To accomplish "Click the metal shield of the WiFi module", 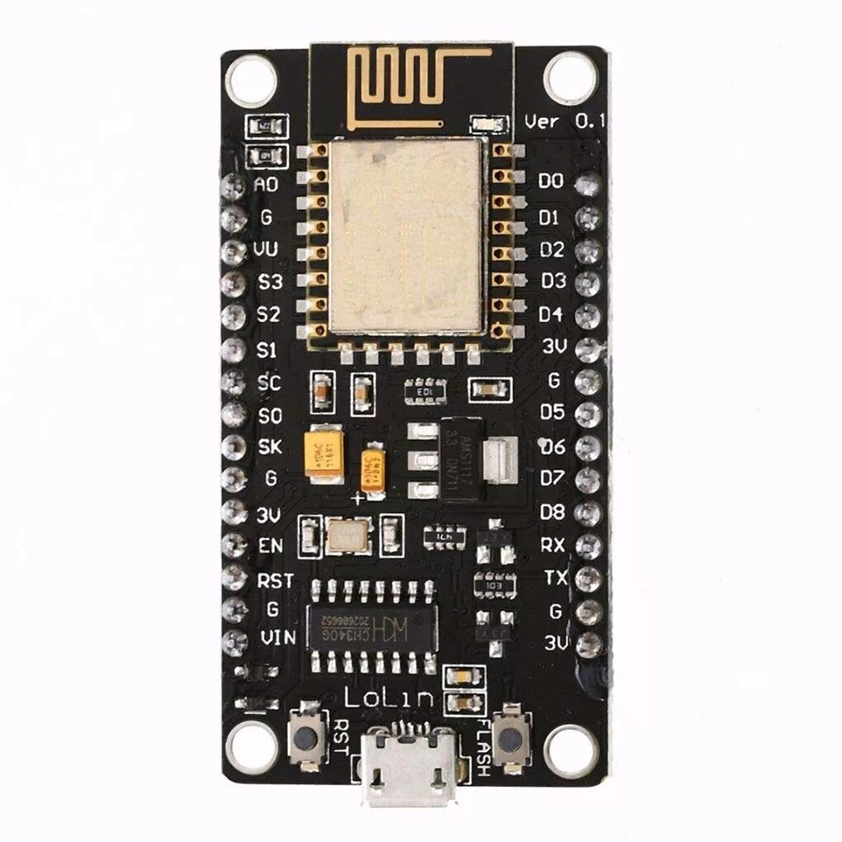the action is pos(404,236).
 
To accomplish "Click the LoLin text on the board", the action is pos(388,699).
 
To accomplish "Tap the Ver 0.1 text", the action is pos(565,121).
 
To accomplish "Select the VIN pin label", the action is pos(277,637).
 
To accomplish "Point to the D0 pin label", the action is pos(551,181).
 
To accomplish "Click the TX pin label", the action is pos(556,578).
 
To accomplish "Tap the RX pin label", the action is pos(552,545).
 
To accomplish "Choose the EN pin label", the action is pos(270,546).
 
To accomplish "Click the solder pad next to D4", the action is pos(588,315).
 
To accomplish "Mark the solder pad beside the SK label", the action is pos(234,447).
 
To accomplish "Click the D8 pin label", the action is pos(552,512).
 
